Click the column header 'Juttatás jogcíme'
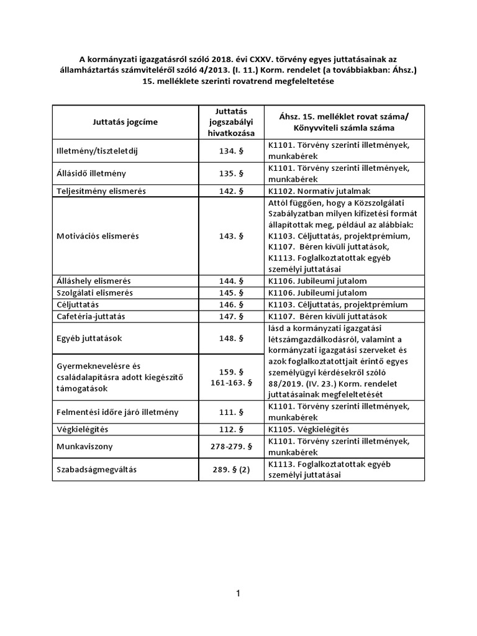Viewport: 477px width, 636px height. (x=125, y=122)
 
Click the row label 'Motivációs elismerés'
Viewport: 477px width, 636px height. (x=98, y=237)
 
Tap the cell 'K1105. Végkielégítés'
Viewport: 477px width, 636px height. (x=308, y=429)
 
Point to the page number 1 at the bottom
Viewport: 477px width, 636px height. (x=238, y=594)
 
